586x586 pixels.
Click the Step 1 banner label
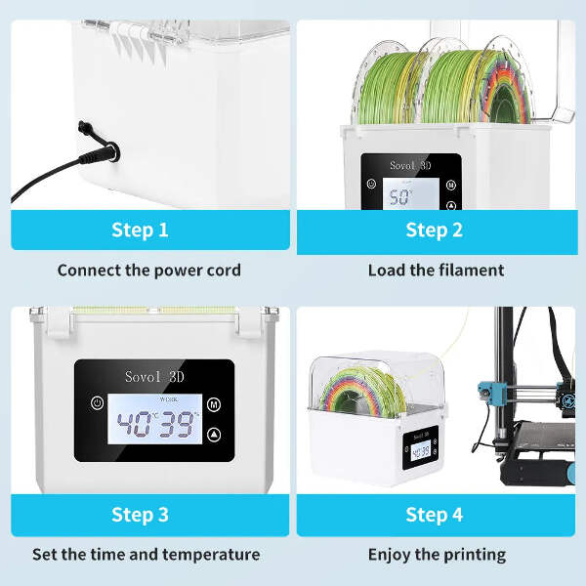coord(140,230)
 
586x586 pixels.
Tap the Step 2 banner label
coord(435,230)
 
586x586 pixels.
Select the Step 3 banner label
coord(140,515)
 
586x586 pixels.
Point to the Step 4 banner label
coord(435,515)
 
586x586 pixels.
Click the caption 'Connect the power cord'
coord(149,271)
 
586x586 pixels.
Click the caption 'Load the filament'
coord(437,271)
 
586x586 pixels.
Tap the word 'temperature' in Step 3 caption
coord(211,555)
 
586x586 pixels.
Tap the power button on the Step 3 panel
coord(97,402)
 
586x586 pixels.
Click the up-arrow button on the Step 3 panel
coord(214,435)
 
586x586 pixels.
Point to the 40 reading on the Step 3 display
coord(134,424)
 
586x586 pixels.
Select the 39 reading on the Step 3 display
coord(177,424)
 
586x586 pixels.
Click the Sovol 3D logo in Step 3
coord(154,376)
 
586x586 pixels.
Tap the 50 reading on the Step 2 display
coord(398,197)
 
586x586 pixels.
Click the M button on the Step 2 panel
coord(451,185)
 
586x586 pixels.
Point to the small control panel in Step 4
coord(420,447)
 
